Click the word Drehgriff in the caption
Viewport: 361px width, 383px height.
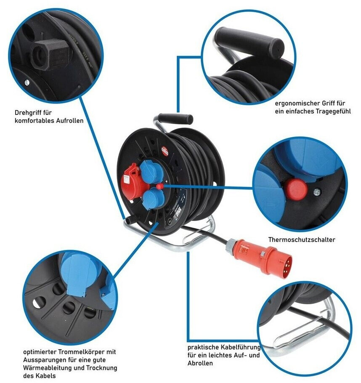pos(27,113)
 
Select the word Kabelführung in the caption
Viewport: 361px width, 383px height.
pos(242,348)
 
